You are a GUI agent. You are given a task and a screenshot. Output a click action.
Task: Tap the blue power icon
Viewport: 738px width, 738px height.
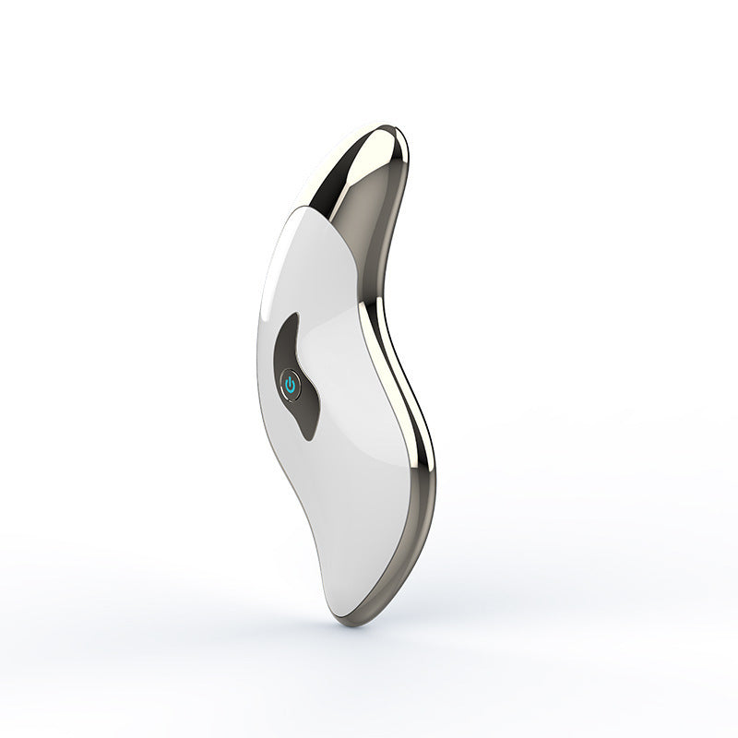[x=291, y=387]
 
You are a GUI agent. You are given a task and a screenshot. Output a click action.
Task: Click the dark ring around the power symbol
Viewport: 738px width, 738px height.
[x=282, y=387]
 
